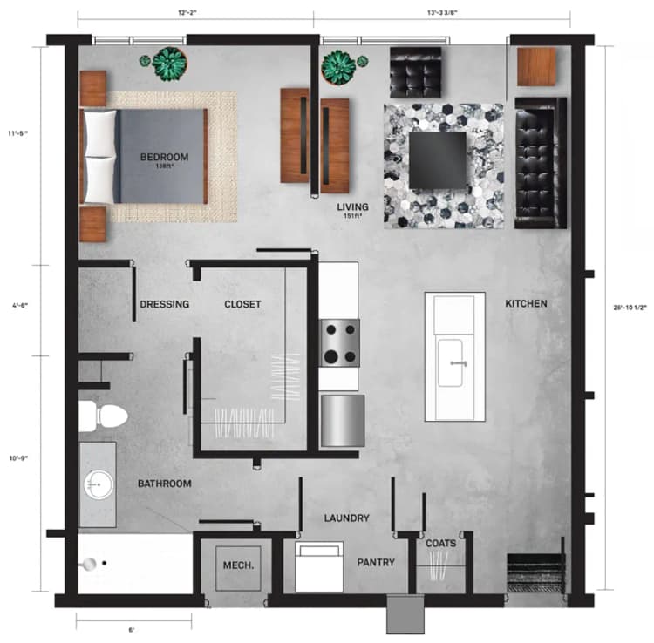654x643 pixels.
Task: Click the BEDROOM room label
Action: [164, 157]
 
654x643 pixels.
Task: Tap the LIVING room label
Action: [353, 207]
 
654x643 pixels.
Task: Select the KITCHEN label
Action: [526, 304]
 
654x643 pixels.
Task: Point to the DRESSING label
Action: [165, 304]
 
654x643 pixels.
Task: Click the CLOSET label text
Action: [242, 304]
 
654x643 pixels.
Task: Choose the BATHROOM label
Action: [164, 484]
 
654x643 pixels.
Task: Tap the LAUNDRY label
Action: [346, 518]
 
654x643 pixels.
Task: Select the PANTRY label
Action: [376, 563]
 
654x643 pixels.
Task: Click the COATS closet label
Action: [440, 544]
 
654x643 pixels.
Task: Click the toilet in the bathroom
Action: [101, 416]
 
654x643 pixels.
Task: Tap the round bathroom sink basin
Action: [96, 483]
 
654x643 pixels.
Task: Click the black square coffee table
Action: [439, 159]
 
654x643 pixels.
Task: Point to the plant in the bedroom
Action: [169, 62]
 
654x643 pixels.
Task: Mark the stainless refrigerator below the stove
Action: [340, 420]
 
